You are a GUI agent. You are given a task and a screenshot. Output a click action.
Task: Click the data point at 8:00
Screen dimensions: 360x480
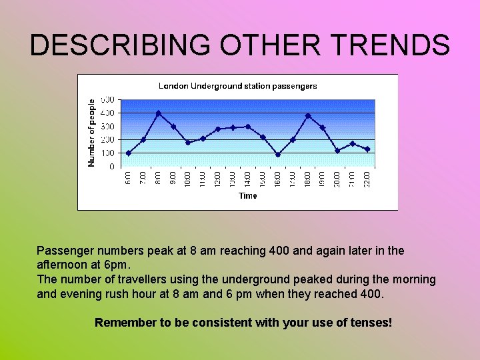[x=158, y=113]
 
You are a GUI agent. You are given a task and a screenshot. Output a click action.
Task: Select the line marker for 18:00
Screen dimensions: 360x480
[x=307, y=116]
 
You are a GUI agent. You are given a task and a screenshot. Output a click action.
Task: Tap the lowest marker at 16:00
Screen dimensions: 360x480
[x=278, y=155]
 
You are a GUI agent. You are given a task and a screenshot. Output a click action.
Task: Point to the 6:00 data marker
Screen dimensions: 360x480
[x=129, y=153]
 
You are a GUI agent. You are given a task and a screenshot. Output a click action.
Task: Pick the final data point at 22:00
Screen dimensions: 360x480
[x=367, y=149]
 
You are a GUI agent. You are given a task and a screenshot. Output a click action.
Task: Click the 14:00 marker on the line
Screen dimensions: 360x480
[x=248, y=127]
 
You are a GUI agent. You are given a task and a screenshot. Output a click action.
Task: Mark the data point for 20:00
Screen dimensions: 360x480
[x=337, y=151]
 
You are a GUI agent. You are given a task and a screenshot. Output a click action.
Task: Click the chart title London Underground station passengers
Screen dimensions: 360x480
[x=237, y=86]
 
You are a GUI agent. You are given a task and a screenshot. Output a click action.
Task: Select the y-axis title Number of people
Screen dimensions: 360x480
[x=93, y=133]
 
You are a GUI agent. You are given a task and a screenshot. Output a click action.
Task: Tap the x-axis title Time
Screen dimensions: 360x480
[x=247, y=196]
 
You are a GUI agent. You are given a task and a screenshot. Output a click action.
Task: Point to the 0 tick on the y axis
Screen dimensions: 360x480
[x=111, y=167]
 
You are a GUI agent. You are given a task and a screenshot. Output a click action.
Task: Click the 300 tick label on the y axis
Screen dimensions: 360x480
[x=107, y=127]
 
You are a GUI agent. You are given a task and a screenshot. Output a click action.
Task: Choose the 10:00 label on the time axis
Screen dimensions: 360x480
[x=188, y=179]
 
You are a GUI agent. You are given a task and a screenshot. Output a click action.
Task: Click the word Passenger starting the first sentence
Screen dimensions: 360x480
[x=65, y=251]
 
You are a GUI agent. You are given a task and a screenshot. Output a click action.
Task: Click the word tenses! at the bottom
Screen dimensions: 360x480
[x=371, y=323]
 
